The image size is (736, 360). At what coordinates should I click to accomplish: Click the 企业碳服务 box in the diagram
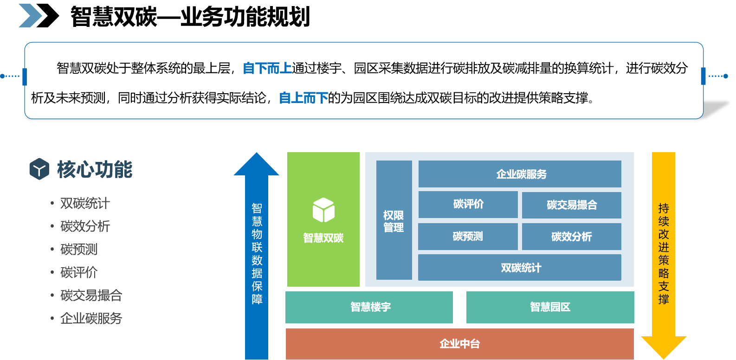pos(520,174)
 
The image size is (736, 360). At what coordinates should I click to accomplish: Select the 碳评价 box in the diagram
pos(468,204)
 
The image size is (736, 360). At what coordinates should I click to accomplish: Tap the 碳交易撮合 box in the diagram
pos(571,205)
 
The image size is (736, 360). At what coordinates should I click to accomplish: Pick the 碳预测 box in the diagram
pos(468,237)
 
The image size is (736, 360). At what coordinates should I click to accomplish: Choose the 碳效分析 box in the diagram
pos(571,237)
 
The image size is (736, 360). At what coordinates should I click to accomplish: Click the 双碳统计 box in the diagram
pos(520,268)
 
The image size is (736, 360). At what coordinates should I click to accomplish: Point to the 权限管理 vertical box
pos(394,220)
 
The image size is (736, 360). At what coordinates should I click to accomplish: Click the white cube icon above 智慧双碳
pos(323,210)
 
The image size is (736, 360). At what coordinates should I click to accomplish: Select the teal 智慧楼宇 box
pos(369,307)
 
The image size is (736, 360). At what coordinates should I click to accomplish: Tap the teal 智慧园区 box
pos(550,307)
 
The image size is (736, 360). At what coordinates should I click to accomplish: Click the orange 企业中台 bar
pos(459,344)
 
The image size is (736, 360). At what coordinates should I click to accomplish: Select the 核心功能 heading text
pos(95,169)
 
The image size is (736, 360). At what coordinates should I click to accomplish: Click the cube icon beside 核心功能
pos(39,169)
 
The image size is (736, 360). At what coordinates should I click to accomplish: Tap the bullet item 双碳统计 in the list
pos(85,203)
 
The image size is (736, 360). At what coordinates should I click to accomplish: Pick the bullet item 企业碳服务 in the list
pos(91,319)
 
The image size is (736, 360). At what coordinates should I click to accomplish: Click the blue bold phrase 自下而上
pos(267,69)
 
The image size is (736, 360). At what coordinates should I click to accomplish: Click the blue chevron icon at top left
pos(30,16)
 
